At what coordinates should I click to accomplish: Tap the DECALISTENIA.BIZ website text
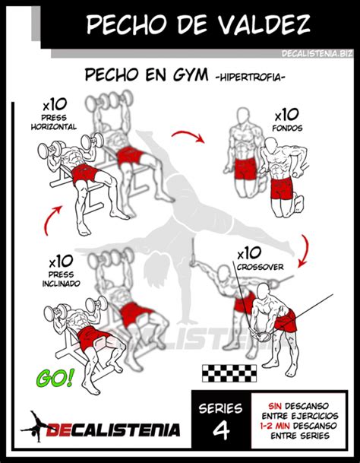pyautogui.click(x=317, y=53)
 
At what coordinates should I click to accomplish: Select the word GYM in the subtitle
pyautogui.click(x=191, y=75)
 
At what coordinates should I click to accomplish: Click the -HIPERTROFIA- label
pyautogui.click(x=250, y=78)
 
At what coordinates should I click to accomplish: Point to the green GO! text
pyautogui.click(x=55, y=378)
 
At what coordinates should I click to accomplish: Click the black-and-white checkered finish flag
pyautogui.click(x=229, y=373)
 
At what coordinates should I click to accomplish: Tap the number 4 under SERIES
pyautogui.click(x=221, y=430)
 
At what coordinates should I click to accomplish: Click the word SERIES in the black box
pyautogui.click(x=220, y=408)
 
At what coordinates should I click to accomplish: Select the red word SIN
pyautogui.click(x=275, y=406)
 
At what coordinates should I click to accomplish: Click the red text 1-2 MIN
pyautogui.click(x=275, y=426)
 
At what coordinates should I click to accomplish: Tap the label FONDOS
pyautogui.click(x=287, y=128)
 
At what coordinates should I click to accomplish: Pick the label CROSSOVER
pyautogui.click(x=260, y=267)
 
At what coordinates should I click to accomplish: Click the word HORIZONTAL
pyautogui.click(x=54, y=127)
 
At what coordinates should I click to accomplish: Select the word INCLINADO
pyautogui.click(x=61, y=284)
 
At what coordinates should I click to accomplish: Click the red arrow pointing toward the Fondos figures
pyautogui.click(x=188, y=136)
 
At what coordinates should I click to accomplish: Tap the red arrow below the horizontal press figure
pyautogui.click(x=50, y=219)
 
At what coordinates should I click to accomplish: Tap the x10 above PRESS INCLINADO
pyautogui.click(x=61, y=262)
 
